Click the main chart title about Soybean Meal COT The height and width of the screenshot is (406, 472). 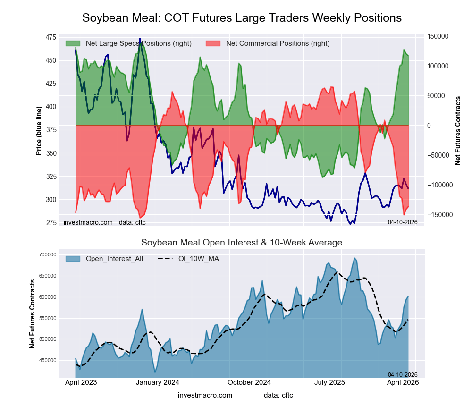coord(242,18)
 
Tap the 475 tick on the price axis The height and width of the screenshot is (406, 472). coord(50,37)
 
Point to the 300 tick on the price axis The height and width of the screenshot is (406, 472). coord(50,200)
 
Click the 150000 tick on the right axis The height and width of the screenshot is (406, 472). coord(438,36)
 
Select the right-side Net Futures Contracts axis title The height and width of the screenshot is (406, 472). coord(458,130)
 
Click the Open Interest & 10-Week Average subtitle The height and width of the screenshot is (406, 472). coord(242,243)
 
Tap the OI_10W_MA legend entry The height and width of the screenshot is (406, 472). coord(198,258)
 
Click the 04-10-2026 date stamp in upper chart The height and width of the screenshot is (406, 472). coord(403,222)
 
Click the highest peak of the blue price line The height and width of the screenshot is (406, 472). coord(140,39)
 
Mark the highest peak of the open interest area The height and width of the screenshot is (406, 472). coord(354,258)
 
